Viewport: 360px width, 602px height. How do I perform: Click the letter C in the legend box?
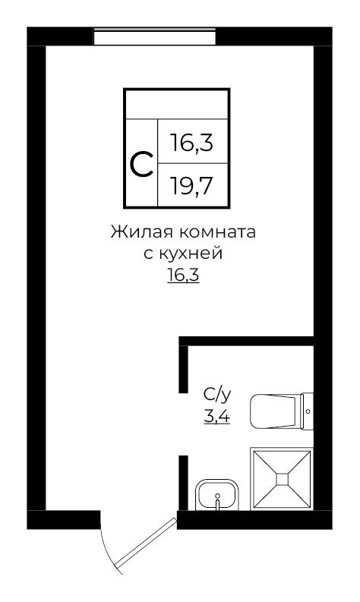[x=141, y=163]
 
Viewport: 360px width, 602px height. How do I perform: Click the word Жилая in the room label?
[x=136, y=232]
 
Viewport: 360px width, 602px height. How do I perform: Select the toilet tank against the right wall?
[x=307, y=411]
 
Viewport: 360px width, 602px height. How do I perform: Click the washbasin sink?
[x=218, y=496]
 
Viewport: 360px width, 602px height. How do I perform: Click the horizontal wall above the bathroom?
[x=247, y=341]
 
